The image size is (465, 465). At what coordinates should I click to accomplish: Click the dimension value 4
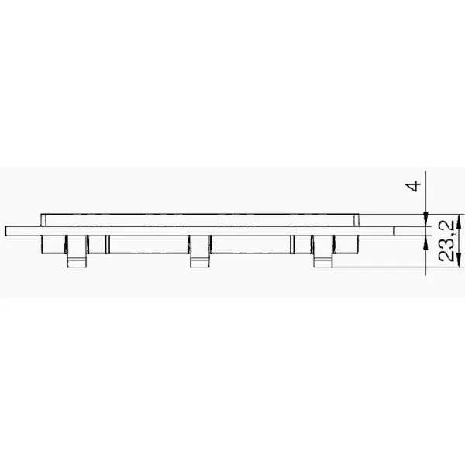413,186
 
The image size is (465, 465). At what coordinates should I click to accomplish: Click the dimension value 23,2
446,241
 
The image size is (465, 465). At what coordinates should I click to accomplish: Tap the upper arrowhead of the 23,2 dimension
460,222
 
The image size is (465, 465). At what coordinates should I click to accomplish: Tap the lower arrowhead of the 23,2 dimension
460,260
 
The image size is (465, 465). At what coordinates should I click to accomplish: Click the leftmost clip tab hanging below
77,251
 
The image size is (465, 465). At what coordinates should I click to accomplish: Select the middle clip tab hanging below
200,251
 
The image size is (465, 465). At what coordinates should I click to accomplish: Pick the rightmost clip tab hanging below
323,251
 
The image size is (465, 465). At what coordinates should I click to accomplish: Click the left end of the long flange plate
5,231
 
